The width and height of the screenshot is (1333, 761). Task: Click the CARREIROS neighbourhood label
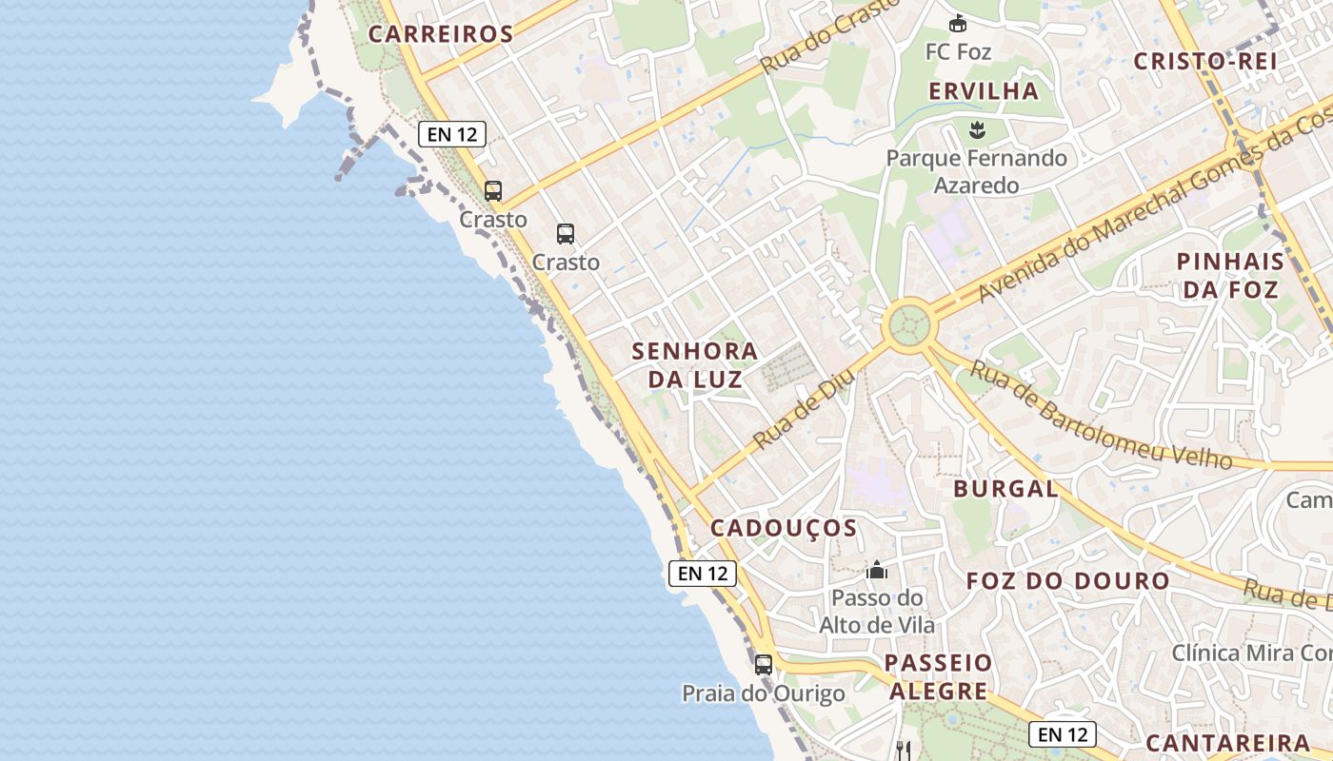[x=441, y=34]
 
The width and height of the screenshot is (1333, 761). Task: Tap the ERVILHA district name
[x=984, y=91]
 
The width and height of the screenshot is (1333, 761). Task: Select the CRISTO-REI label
[x=1204, y=61]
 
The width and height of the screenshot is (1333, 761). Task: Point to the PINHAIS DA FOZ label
[x=1230, y=275]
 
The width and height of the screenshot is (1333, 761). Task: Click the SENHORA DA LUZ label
[x=695, y=364]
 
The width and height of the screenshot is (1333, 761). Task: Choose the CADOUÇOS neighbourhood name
[x=784, y=528]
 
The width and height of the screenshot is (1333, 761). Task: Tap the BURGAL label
[x=1005, y=489]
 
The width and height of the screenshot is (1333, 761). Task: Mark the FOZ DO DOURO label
[x=1068, y=580]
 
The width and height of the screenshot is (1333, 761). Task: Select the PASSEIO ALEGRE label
[x=939, y=676]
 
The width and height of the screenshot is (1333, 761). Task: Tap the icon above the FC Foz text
[x=958, y=24]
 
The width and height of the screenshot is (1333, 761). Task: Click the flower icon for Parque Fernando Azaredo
[x=976, y=129]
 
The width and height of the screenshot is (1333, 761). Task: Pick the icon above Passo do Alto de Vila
[x=877, y=570]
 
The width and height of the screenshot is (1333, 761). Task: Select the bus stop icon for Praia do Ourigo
[x=763, y=665]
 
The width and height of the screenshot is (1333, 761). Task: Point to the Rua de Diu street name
[x=805, y=411]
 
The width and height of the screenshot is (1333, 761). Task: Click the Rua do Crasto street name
[x=830, y=36]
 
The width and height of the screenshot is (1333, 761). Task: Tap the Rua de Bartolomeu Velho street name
[x=1100, y=415]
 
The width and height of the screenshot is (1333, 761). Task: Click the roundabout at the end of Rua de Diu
[x=908, y=325]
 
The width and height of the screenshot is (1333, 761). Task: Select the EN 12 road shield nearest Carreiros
[x=452, y=134]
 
